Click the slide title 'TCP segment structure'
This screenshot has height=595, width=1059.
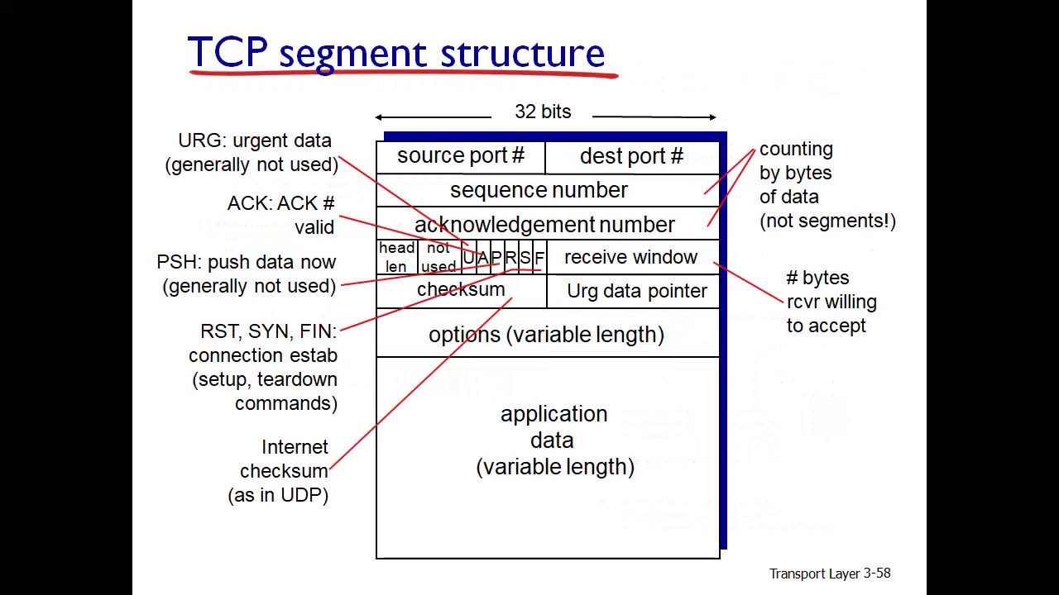pos(395,53)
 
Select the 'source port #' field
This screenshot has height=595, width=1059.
pos(461,156)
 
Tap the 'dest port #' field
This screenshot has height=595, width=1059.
pos(631,157)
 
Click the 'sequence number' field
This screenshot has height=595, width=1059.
pos(539,191)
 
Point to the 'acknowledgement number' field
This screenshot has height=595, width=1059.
pos(544,225)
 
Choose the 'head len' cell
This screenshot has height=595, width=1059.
pos(396,257)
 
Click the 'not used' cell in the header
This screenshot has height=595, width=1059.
pos(438,257)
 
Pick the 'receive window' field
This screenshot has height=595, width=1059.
pos(630,258)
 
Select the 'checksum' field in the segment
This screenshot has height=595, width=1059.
pos(461,290)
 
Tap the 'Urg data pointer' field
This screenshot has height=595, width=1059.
pos(636,292)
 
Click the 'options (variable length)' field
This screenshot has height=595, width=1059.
pos(546,335)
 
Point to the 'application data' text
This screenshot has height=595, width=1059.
pos(554,440)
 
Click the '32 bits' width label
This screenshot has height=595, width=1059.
pos(543,112)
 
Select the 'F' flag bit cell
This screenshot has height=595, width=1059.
pos(539,258)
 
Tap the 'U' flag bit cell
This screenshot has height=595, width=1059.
pos(468,258)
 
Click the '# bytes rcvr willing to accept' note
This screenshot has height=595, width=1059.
pos(830,302)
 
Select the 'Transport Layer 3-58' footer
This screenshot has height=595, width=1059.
pos(829,574)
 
